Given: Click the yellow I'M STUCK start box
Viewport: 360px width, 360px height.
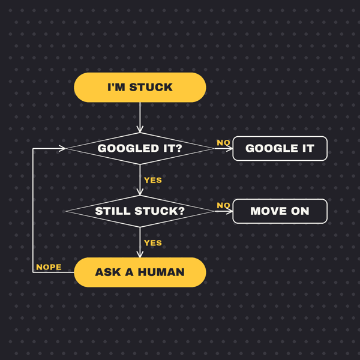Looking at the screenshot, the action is click(140, 87).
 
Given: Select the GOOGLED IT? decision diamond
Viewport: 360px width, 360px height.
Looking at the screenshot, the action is click(140, 149).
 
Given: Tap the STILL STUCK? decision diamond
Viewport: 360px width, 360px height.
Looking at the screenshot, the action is click(140, 211).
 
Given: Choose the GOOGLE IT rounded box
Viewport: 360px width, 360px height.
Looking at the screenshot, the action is click(280, 149).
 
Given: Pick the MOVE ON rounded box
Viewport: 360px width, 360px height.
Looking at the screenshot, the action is click(280, 211).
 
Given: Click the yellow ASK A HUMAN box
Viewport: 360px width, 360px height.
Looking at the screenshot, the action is click(140, 272).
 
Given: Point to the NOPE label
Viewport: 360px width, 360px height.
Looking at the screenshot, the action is click(49, 267).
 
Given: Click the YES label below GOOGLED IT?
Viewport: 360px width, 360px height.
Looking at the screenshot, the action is click(153, 180).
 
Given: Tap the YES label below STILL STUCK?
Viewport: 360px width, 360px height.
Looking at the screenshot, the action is click(153, 243).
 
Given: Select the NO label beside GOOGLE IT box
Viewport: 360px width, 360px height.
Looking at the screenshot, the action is click(223, 143).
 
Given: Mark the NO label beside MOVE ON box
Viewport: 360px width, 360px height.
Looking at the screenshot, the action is click(223, 205).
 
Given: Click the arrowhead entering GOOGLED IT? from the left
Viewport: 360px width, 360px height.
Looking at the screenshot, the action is click(62, 149).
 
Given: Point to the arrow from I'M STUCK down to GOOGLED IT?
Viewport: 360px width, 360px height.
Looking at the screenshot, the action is click(140, 118).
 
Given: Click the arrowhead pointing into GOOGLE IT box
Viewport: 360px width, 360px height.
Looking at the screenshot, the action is click(229, 149).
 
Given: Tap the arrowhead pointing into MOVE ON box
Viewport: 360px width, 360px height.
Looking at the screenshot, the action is click(229, 211).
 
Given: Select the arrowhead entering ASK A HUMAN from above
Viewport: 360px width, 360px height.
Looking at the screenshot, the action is click(140, 254).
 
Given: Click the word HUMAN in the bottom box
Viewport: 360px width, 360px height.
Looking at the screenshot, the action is click(161, 272).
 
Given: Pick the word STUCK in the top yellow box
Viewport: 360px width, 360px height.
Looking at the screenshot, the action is click(151, 87).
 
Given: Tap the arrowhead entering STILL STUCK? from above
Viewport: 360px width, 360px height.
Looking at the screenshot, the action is click(140, 192).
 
